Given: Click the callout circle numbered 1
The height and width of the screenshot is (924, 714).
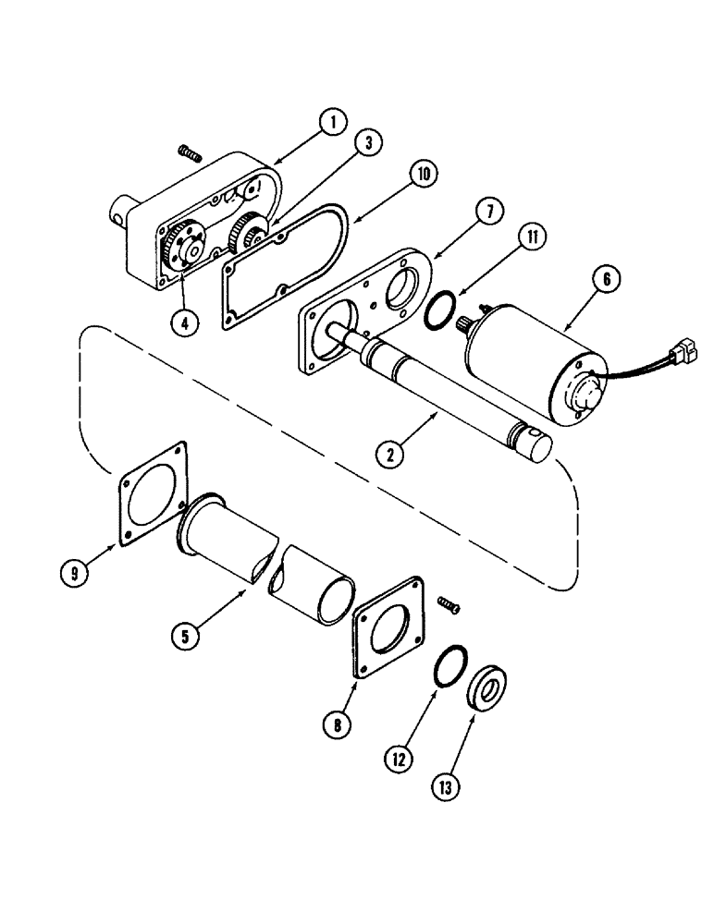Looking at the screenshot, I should coord(332,120).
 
